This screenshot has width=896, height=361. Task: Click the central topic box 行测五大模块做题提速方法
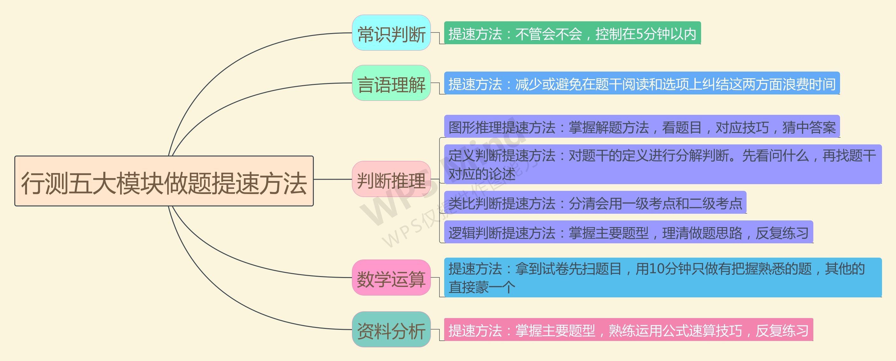[x=164, y=181]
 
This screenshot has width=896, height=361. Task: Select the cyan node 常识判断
[x=391, y=33]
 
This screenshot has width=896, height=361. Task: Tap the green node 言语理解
[x=391, y=83]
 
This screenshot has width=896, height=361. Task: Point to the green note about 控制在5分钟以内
[x=572, y=33]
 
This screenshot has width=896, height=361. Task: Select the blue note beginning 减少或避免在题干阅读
[x=642, y=83]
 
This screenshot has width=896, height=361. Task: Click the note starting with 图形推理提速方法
[x=642, y=126]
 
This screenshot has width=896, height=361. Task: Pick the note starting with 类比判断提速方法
[x=595, y=202]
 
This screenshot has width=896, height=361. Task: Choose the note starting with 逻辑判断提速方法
[x=628, y=232]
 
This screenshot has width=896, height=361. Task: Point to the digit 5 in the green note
[x=639, y=34]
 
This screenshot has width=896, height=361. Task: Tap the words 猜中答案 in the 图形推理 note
[x=809, y=127]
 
